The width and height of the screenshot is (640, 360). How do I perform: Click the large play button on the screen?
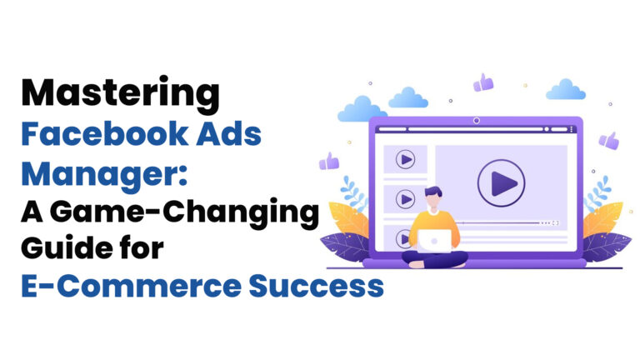coord(501,182)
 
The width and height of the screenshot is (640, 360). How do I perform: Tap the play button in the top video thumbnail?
coord(406,158)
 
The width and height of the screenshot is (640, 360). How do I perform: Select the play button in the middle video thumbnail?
coord(406,199)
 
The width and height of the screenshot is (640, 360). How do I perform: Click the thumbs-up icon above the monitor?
coord(483,82)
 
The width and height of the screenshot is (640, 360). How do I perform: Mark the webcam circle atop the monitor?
coord(476,121)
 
